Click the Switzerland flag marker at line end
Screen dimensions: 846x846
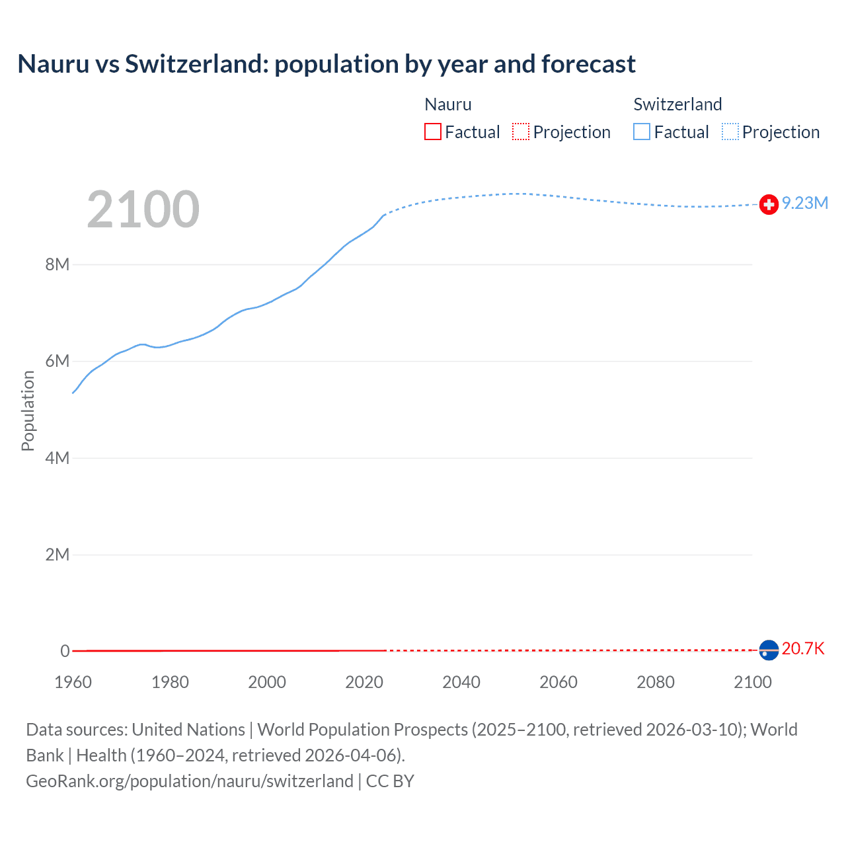point(769,205)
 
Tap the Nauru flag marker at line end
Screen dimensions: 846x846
point(769,650)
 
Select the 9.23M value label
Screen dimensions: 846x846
point(805,203)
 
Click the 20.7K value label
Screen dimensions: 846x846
point(803,648)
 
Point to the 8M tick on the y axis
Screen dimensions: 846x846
point(58,264)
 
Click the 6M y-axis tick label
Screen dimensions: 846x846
point(58,361)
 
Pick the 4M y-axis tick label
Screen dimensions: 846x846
point(58,458)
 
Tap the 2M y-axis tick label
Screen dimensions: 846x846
point(58,555)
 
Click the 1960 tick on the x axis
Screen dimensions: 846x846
point(73,682)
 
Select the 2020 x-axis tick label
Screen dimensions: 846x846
point(364,682)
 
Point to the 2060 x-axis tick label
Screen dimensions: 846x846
point(558,682)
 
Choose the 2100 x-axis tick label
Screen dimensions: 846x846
point(752,682)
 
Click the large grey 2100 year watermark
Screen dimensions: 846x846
point(143,210)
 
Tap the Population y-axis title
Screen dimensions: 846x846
point(28,410)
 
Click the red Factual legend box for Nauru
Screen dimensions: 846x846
point(433,132)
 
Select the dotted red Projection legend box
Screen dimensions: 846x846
point(521,132)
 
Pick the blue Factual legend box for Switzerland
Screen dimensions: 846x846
point(642,132)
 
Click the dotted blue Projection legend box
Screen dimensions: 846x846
point(730,132)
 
